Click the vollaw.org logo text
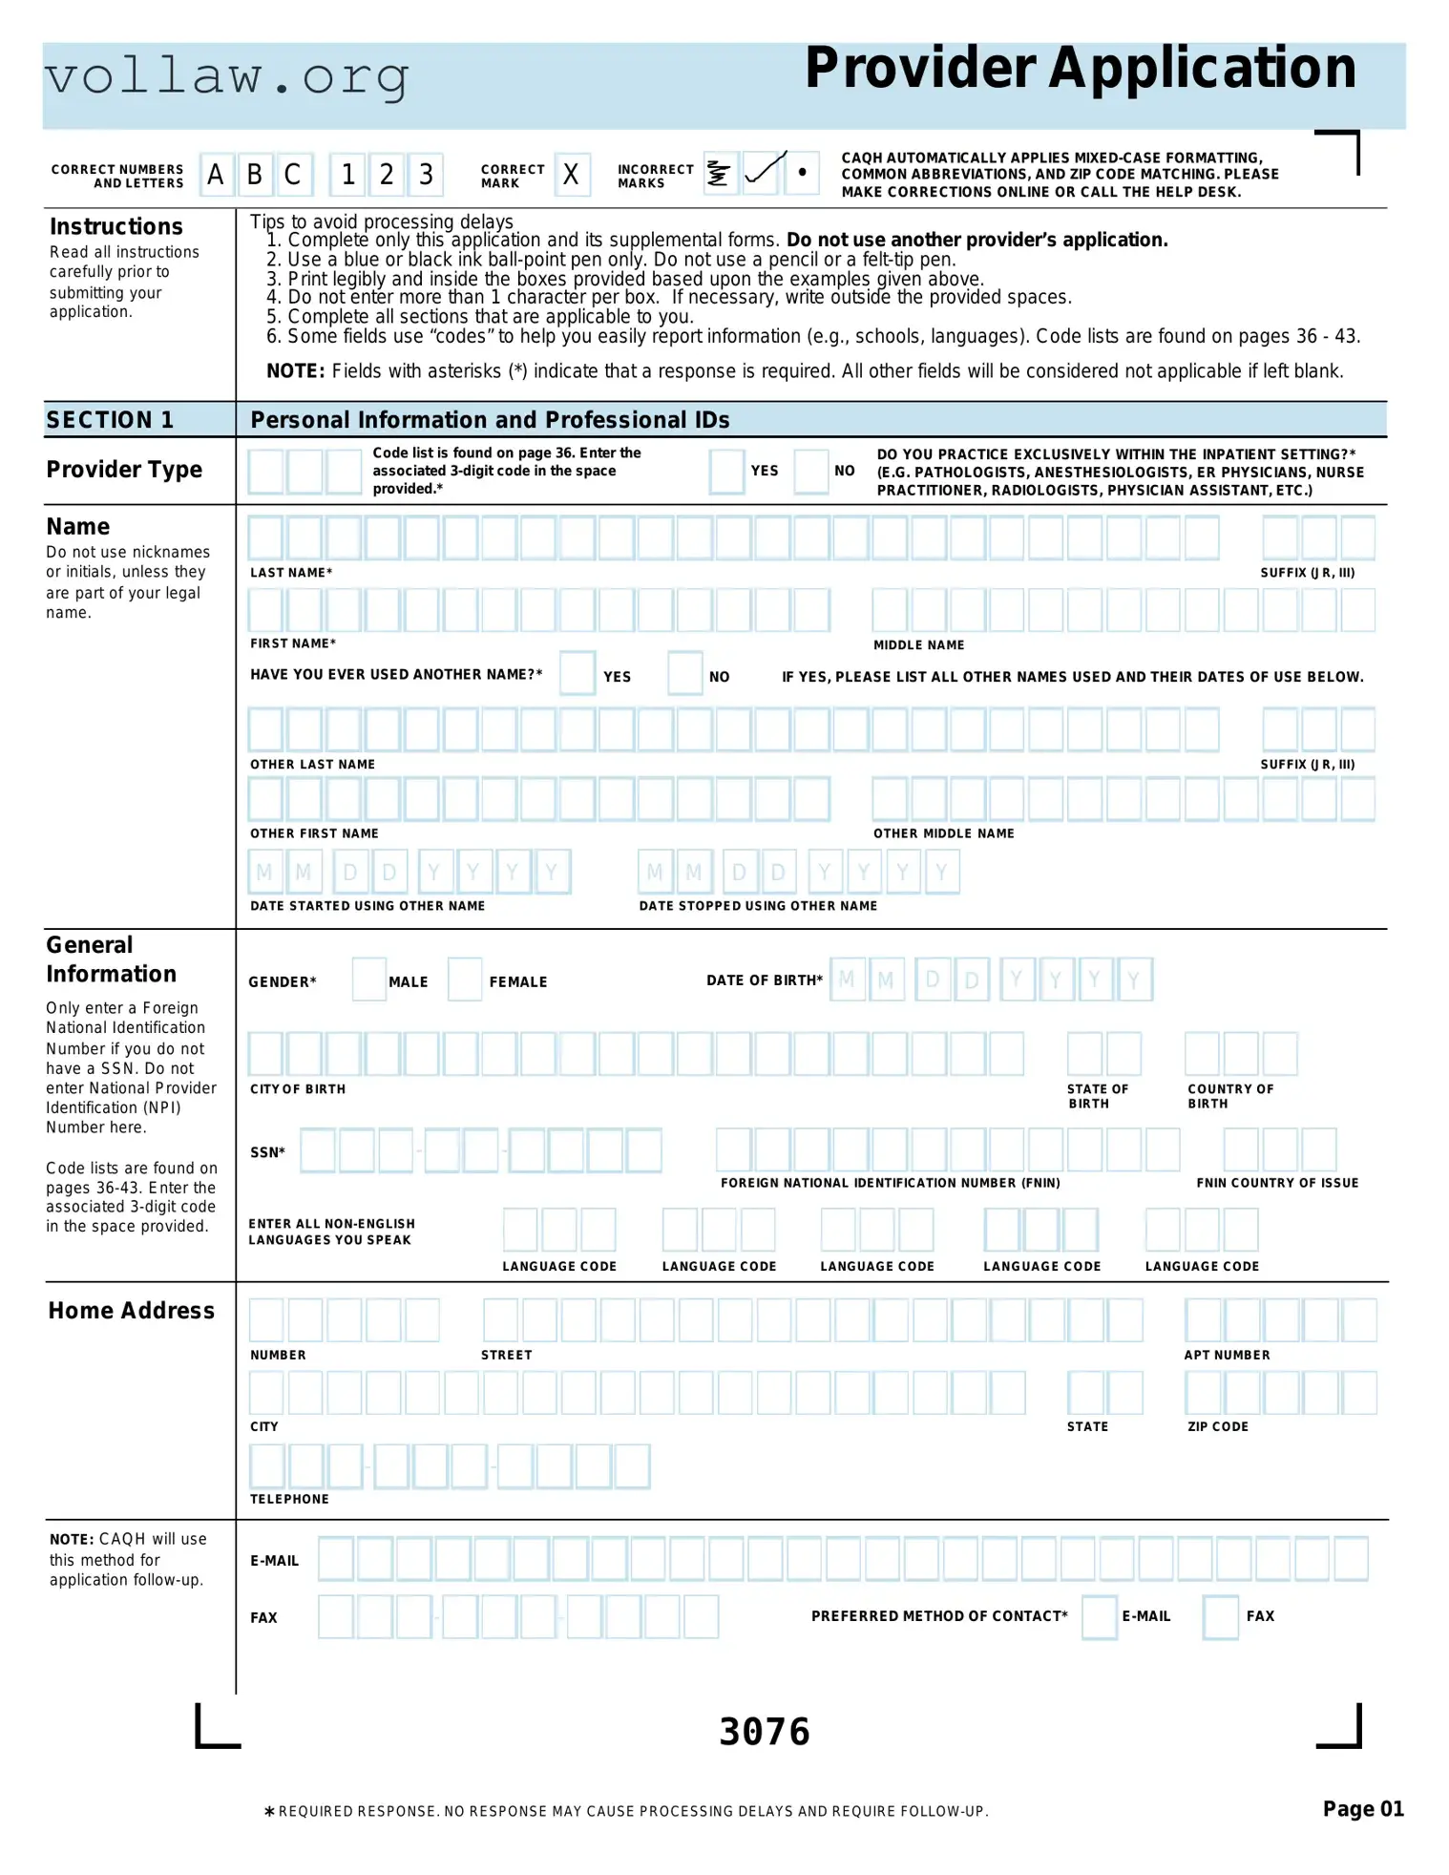point(227,77)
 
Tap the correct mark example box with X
point(571,175)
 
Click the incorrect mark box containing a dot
point(802,173)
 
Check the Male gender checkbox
point(368,980)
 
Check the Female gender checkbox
point(465,980)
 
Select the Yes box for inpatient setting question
point(726,472)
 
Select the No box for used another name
point(684,674)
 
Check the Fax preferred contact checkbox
point(1220,1617)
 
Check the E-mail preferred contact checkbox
point(1099,1617)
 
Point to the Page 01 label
point(1362,1809)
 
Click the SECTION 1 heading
point(110,420)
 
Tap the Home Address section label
point(132,1311)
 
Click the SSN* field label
point(267,1152)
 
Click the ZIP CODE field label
point(1217,1426)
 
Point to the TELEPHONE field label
point(289,1499)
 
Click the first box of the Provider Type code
point(266,472)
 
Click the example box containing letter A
point(217,175)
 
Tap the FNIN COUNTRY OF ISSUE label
point(1276,1183)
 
